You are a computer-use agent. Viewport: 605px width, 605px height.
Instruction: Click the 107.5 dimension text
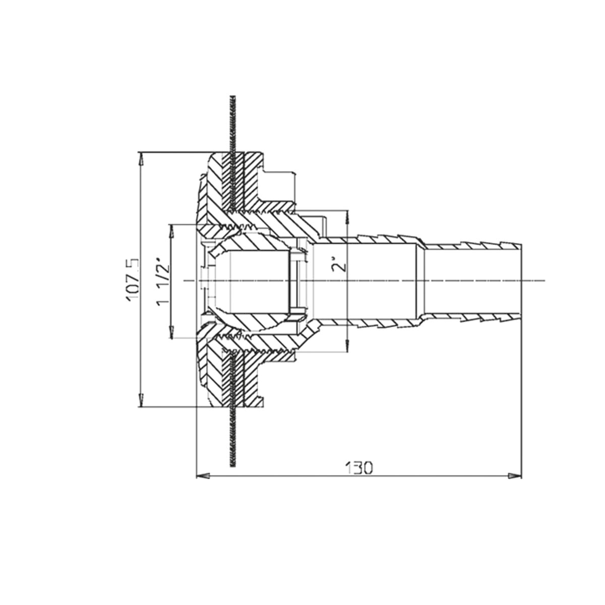tap(133, 280)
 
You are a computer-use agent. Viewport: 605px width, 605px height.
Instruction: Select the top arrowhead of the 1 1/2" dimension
tap(172, 231)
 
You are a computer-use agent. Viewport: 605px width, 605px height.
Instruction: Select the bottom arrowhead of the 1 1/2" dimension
tap(172, 332)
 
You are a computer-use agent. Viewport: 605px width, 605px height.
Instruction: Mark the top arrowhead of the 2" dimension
tap(347, 217)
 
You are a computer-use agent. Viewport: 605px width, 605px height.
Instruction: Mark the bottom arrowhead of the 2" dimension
tap(347, 345)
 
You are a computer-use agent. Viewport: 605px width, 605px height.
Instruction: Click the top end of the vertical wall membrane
tap(232, 96)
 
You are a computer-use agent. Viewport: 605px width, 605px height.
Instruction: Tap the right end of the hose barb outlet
tap(521, 281)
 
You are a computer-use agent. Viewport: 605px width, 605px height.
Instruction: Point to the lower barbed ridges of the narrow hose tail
tap(471, 317)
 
